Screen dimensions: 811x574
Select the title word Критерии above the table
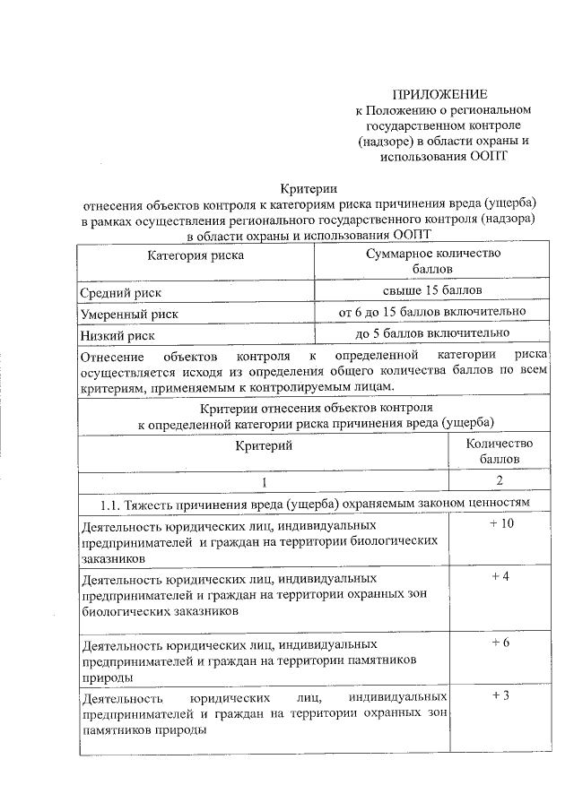pyautogui.click(x=308, y=188)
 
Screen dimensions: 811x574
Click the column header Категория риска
pyautogui.click(x=196, y=255)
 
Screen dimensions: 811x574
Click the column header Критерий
pyautogui.click(x=265, y=444)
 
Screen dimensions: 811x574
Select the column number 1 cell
pyautogui.click(x=265, y=483)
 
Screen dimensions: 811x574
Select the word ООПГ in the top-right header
pyautogui.click(x=493, y=158)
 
